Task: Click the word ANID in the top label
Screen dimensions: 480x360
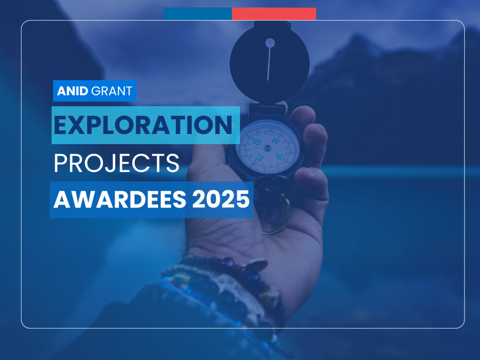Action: point(73,91)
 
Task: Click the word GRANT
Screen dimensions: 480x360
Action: point(112,91)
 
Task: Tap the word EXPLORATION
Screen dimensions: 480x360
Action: point(143,125)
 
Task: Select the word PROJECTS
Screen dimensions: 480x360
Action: point(116,163)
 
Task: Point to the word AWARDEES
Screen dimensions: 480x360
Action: point(120,199)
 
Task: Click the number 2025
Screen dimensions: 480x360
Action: point(221,199)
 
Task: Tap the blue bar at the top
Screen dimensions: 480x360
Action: point(198,14)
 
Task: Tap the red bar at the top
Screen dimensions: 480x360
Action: point(274,14)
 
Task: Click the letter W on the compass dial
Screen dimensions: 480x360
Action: point(276,141)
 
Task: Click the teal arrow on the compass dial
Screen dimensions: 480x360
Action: point(281,157)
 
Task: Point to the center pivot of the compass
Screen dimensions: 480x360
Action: point(268,148)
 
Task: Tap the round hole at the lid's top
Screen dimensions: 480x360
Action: point(270,43)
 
